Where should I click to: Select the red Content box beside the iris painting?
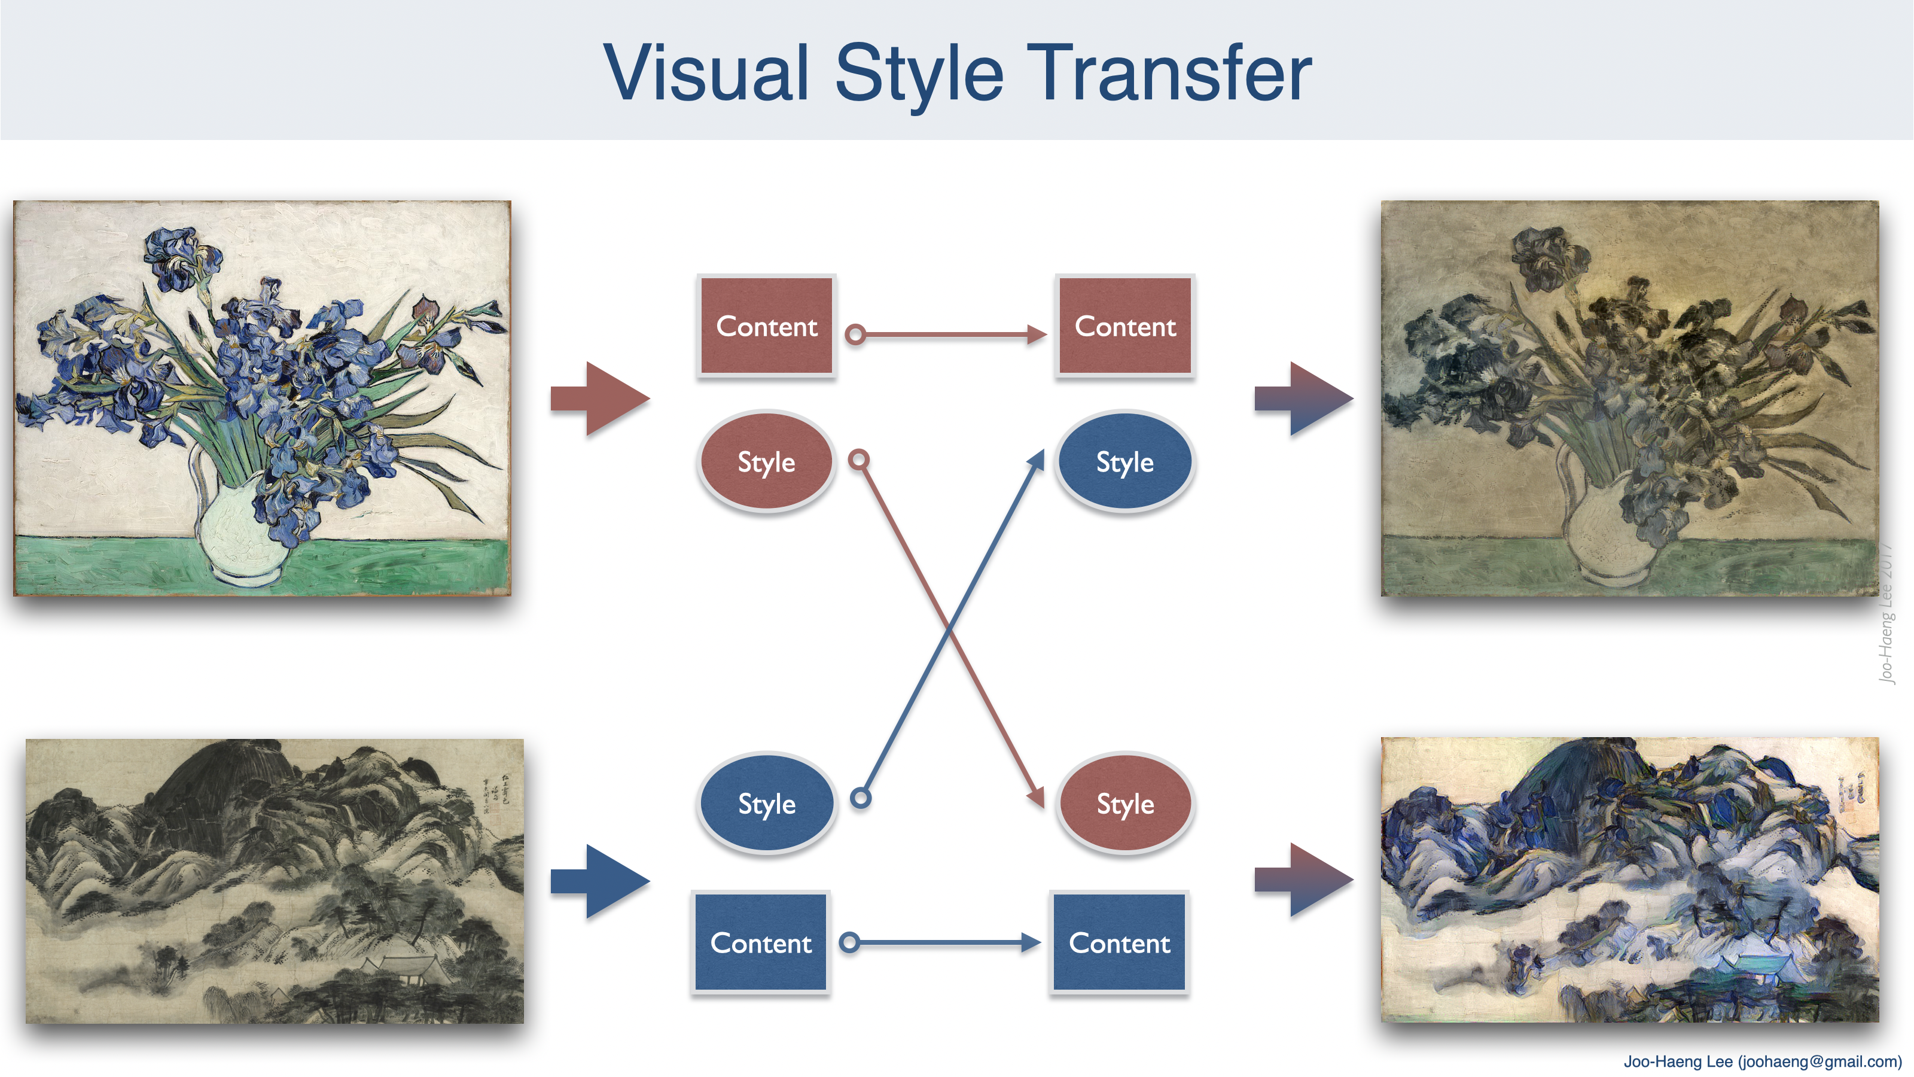(x=766, y=325)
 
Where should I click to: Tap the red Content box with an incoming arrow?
(x=1125, y=325)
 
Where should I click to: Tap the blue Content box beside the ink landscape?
(x=760, y=942)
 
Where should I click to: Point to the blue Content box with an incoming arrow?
(x=1119, y=942)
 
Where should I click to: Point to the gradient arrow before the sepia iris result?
(x=1304, y=398)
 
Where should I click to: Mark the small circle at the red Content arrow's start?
(x=856, y=334)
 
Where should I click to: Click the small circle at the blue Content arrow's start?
(x=850, y=942)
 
